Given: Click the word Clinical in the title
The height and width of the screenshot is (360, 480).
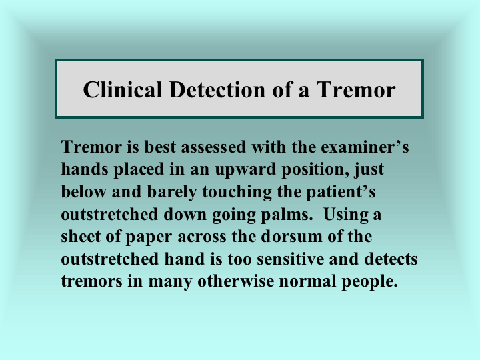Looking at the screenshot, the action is pos(123,89).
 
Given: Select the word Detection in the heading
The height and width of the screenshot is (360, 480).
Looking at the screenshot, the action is pos(217,89).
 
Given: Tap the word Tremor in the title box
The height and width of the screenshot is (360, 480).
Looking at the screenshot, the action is pos(356,89).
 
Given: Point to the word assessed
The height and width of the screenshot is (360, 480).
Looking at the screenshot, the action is pos(213,147).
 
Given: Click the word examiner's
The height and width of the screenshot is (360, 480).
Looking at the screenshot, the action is pos(365,147).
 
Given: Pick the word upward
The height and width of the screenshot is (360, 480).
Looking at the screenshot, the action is pos(245,169).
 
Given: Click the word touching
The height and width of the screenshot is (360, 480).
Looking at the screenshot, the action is pos(237,192).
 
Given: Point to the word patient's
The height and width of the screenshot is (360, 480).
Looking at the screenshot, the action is pos(341,192).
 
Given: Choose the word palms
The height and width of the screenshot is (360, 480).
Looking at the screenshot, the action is pos(285,214).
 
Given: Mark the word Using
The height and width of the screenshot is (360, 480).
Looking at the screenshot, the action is pos(345,214).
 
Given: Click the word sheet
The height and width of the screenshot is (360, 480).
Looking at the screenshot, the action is pos(81,237).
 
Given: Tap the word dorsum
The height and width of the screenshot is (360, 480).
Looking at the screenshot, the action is pos(291,237).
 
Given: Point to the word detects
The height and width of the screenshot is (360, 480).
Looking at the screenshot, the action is pos(391,259).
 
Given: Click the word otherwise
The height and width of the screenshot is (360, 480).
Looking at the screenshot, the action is pos(236,281).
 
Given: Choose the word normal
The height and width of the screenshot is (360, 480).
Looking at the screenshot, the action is pos(307,281).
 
